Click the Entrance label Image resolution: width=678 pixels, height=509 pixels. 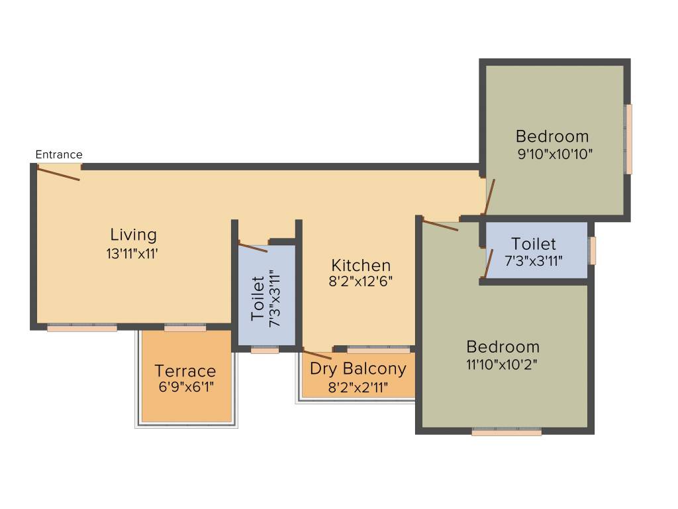59,154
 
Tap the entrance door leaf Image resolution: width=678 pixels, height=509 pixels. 58,174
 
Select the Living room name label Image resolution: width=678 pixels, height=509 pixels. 133,235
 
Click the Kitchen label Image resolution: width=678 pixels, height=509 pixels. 361,265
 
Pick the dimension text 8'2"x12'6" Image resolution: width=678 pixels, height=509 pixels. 361,280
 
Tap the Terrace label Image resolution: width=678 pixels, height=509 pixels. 185,371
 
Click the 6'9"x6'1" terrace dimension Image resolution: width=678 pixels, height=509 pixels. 185,387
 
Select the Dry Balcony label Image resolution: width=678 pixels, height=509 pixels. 358,369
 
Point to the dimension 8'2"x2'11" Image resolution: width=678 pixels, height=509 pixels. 358,388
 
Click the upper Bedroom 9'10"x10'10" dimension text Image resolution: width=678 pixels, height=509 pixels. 554,154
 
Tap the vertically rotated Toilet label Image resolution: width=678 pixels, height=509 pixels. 258,299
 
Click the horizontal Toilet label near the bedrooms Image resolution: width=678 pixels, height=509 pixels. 534,244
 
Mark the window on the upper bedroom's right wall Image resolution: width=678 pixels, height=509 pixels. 628,139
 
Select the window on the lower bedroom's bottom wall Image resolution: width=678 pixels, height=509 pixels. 507,432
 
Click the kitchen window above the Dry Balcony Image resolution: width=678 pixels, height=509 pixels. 378,349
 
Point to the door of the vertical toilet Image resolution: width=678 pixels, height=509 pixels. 252,247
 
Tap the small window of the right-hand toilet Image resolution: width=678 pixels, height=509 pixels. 593,251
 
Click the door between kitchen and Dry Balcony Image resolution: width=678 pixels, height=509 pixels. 316,355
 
